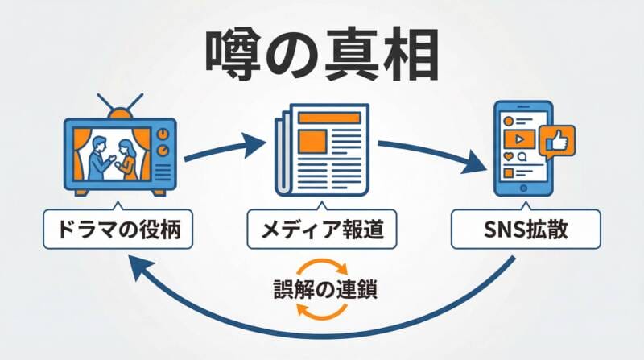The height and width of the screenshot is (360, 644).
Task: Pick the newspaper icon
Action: click(322, 153)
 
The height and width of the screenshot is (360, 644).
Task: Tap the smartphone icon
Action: click(521, 149)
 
